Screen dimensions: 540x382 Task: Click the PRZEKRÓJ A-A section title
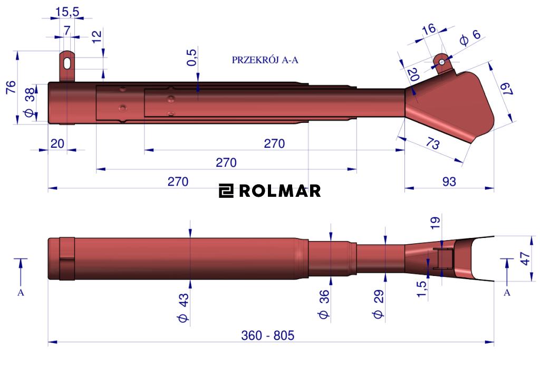[x=265, y=60]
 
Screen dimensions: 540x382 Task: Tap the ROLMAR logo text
[x=279, y=191]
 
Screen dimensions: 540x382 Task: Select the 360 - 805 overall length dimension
[x=267, y=335]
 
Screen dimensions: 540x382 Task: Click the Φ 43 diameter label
[x=184, y=308]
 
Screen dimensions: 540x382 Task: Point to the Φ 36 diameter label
[x=324, y=304]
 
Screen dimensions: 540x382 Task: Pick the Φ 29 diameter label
[x=378, y=304]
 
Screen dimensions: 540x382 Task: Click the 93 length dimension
[x=449, y=182]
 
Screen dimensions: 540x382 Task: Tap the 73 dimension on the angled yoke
[x=432, y=142]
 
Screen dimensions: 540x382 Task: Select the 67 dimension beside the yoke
[x=507, y=88]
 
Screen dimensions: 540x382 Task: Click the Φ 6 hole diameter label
[x=470, y=37]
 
